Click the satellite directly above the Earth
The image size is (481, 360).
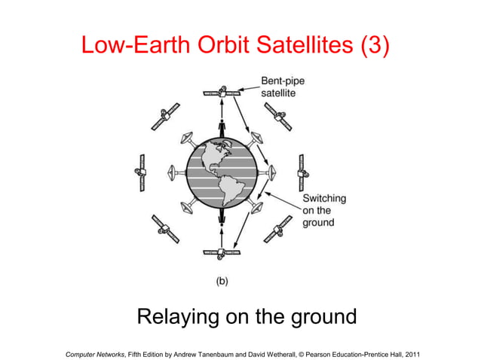click(222, 93)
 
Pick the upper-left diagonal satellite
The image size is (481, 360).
click(164, 117)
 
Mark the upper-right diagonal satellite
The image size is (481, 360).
click(278, 116)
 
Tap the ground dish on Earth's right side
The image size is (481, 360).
click(269, 172)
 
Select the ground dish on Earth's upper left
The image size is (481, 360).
click(188, 140)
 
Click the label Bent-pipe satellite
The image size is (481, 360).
click(283, 87)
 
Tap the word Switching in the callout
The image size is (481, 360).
click(324, 199)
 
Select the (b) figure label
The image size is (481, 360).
click(222, 280)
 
